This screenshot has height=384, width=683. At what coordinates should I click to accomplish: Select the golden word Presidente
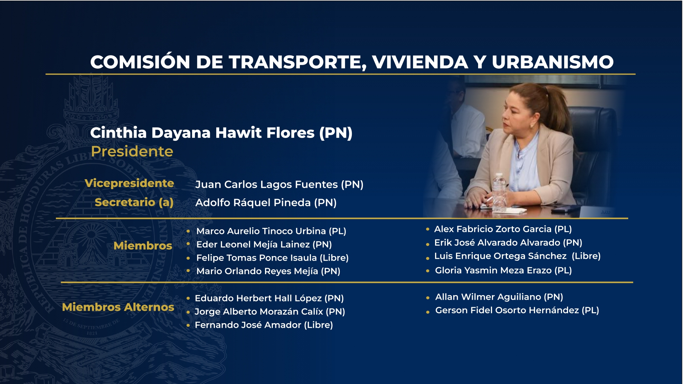coord(132,151)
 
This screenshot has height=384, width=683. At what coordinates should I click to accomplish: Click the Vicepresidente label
coord(129,183)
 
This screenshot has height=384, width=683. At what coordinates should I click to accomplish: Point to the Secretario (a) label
coord(134,202)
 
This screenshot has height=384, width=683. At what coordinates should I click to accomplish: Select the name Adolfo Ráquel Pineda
coord(253,203)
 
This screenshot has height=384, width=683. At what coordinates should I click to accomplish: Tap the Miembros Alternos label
coord(118,307)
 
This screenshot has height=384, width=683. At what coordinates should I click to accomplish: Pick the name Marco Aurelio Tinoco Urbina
coord(261,231)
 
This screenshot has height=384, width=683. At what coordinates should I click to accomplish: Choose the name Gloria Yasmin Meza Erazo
coord(493,271)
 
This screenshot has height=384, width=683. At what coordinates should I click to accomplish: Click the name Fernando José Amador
coord(248,325)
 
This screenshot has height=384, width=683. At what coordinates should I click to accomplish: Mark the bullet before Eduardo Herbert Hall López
coord(188,298)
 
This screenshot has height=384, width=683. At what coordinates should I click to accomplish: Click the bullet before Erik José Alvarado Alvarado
coord(428,244)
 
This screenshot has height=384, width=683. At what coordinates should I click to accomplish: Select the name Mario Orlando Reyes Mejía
coord(257,271)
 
